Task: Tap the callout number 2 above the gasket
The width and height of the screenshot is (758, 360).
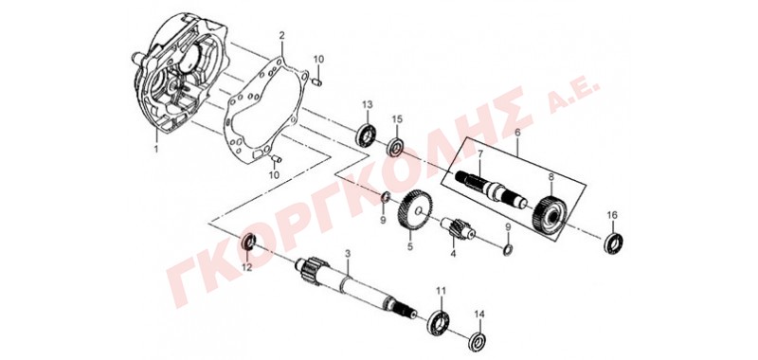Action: pyautogui.click(x=281, y=36)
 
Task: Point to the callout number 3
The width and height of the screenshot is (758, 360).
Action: pyautogui.click(x=347, y=254)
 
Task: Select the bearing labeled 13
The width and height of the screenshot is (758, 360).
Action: pyautogui.click(x=367, y=135)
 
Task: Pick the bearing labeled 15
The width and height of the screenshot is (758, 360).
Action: pyautogui.click(x=395, y=147)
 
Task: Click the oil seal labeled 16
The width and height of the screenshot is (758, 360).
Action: pyautogui.click(x=613, y=243)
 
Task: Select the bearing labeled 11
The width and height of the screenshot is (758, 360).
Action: pyautogui.click(x=439, y=324)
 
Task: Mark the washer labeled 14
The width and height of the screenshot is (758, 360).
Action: pyautogui.click(x=478, y=340)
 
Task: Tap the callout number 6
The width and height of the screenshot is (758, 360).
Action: pyautogui.click(x=517, y=132)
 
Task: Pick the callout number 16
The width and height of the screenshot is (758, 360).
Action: pyautogui.click(x=612, y=215)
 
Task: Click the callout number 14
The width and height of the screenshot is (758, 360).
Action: pyautogui.click(x=478, y=315)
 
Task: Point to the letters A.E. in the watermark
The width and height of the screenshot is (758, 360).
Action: pyautogui.click(x=574, y=95)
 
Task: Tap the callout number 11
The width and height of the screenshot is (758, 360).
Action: pyautogui.click(x=441, y=290)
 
